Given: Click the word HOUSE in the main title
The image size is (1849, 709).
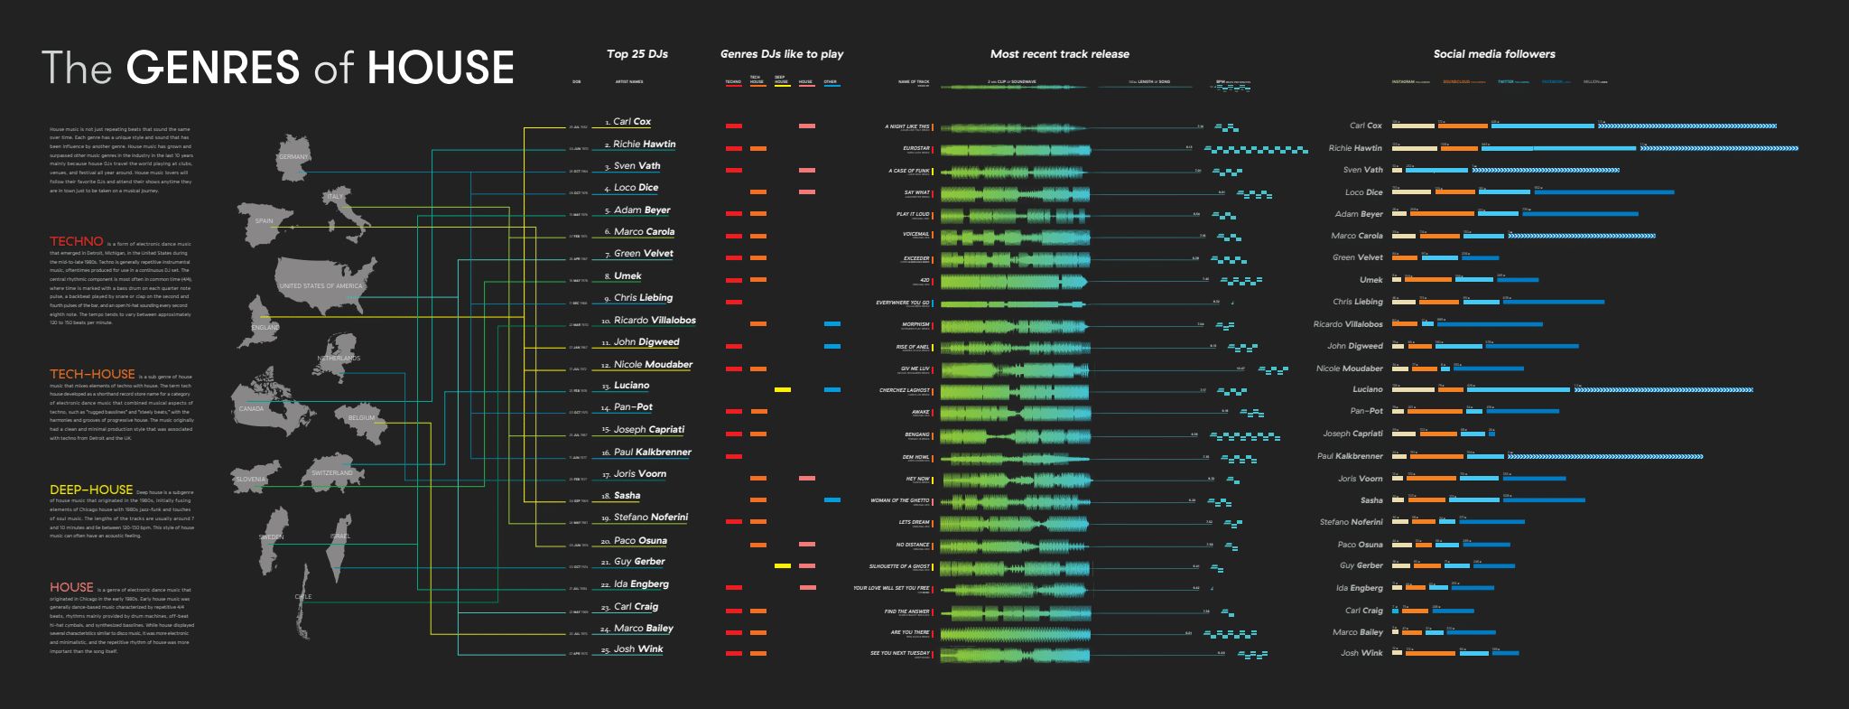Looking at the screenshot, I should [441, 69].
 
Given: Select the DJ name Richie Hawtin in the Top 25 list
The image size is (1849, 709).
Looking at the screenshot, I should [644, 145].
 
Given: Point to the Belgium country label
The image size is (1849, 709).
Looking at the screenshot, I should [360, 418].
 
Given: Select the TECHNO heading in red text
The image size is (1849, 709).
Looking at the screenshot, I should [77, 242].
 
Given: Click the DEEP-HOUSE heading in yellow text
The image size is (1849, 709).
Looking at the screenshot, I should [91, 490].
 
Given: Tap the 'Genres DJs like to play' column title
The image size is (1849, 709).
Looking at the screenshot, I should [782, 54].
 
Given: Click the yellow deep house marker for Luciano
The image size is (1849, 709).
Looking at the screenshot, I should [783, 389].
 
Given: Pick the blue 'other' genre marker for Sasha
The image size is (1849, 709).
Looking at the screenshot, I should [832, 499].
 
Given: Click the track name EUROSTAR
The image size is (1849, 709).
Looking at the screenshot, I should [915, 148].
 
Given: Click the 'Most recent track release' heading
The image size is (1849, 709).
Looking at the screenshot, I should [1059, 54].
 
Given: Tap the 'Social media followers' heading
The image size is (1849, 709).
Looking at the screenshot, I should [1494, 54].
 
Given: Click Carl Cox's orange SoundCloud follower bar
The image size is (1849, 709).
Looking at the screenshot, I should [1463, 126].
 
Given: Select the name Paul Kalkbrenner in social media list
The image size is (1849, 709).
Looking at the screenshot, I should [1350, 456].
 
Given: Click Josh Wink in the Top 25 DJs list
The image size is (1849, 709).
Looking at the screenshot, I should [638, 649].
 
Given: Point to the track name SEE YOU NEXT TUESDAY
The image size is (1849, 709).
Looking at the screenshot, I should [899, 653].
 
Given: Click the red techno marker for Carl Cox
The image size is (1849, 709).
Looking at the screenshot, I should [734, 126].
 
